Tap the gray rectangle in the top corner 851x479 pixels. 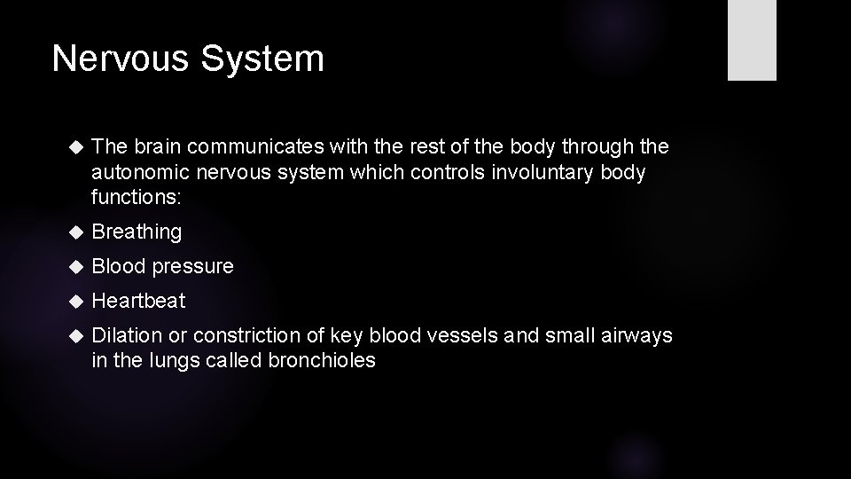pyautogui.click(x=752, y=40)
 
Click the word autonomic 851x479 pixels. pyautogui.click(x=134, y=171)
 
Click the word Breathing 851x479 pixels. pyautogui.click(x=137, y=232)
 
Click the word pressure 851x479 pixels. pyautogui.click(x=192, y=267)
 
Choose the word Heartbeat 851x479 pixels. pyautogui.click(x=138, y=301)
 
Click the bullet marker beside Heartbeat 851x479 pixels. pyautogui.click(x=74, y=301)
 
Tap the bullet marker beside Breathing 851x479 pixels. pyautogui.click(x=74, y=232)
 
